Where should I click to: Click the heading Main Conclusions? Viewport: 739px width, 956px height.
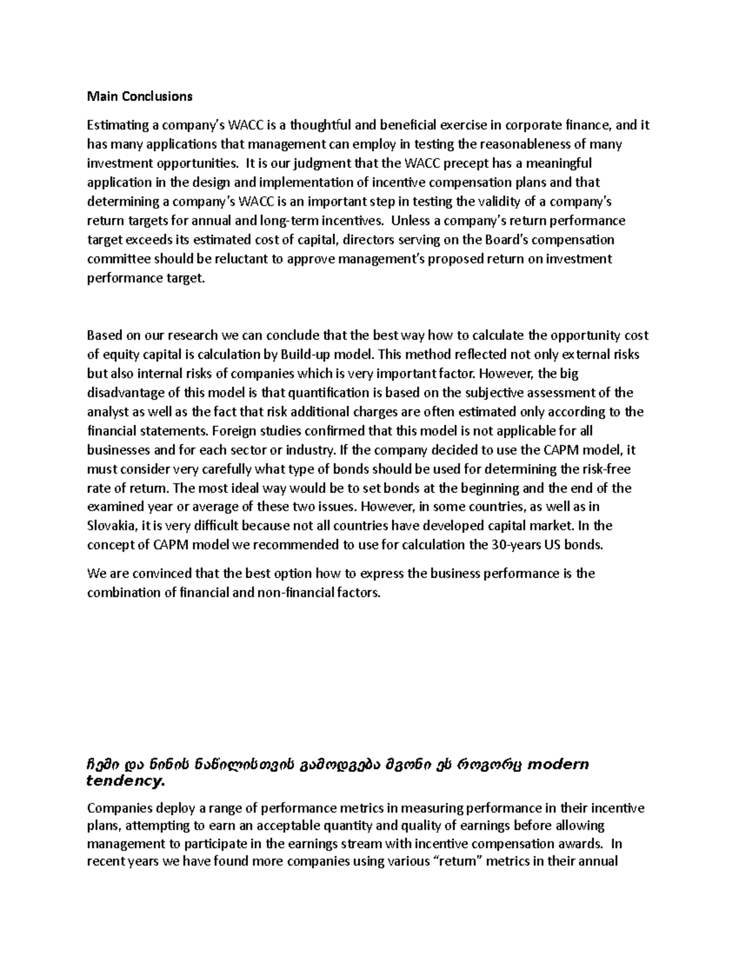pos(140,96)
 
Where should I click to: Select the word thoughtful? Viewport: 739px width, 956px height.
pos(321,126)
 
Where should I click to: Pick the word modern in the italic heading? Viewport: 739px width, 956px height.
pos(559,765)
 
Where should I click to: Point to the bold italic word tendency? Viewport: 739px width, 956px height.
pos(126,782)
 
